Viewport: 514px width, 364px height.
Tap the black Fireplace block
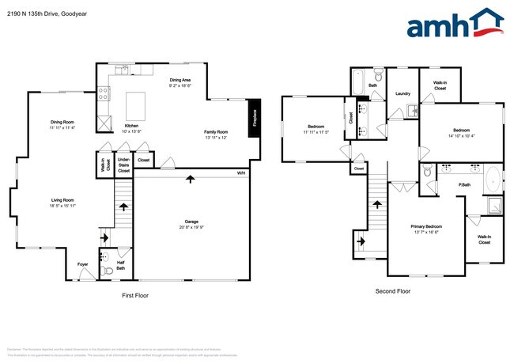coord(255,118)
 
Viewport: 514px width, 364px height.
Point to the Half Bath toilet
coord(108,270)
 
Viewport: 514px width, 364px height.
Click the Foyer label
coord(82,264)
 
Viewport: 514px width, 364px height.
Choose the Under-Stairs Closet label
coord(123,165)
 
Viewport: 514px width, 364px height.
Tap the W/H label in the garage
coord(240,173)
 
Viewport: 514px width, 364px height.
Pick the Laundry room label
coord(402,93)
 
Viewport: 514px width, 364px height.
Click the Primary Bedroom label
coord(426,226)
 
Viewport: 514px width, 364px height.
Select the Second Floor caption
coord(392,291)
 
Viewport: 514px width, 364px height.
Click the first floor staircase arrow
coord(123,207)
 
